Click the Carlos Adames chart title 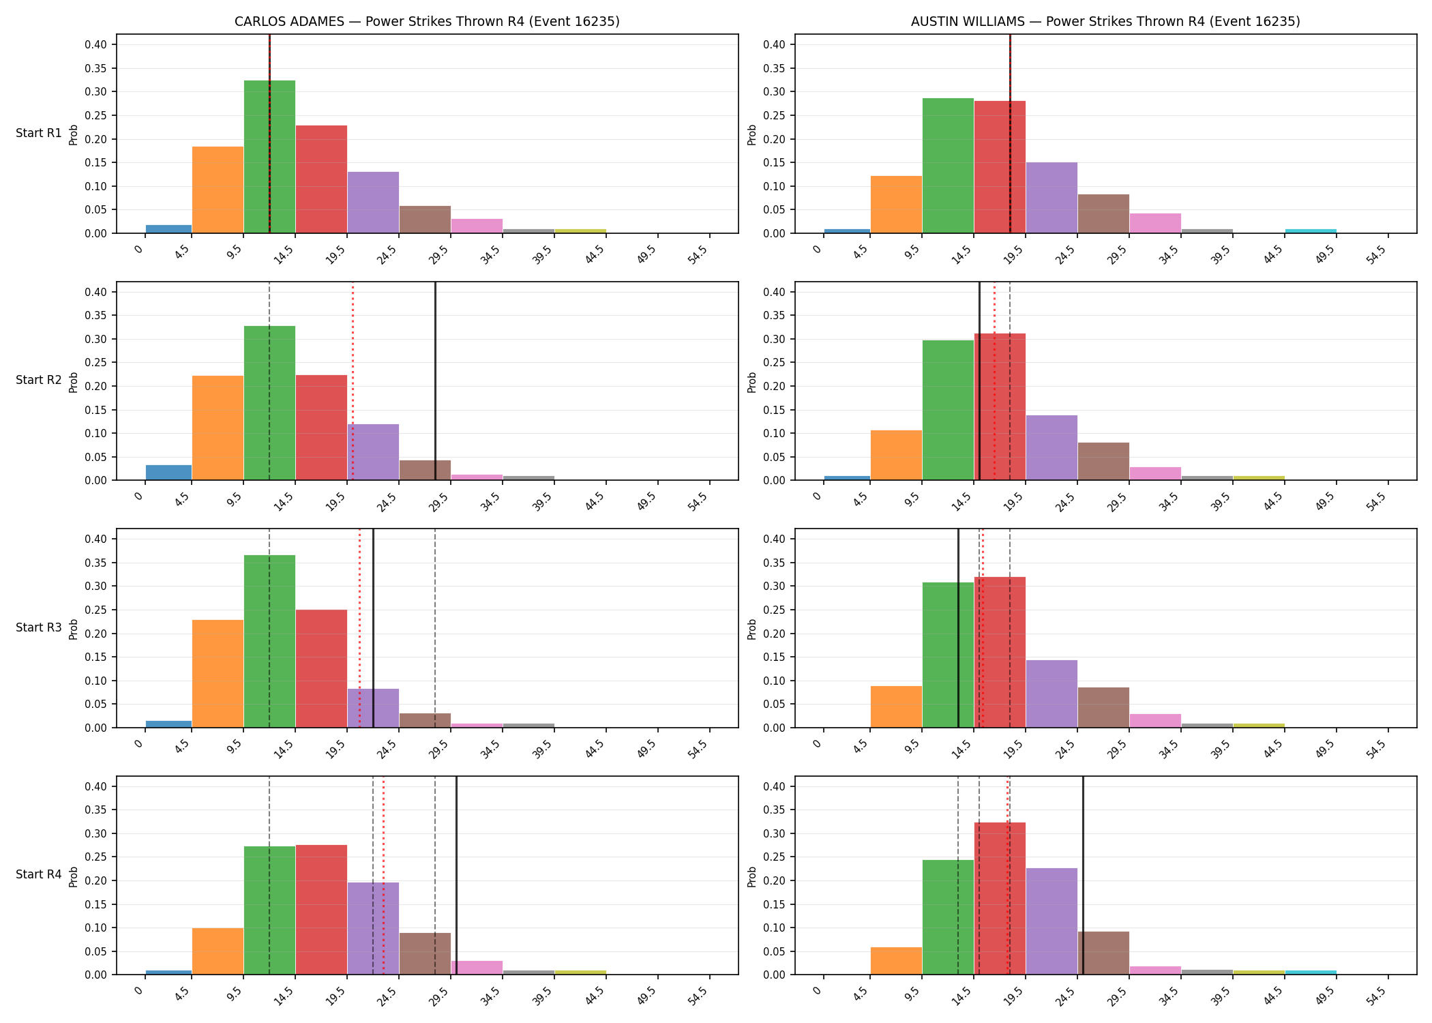(x=427, y=21)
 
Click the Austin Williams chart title (x=1105, y=21)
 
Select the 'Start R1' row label (x=39, y=133)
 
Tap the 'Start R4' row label (x=39, y=874)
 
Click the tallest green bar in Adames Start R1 (x=269, y=157)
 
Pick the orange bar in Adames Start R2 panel (x=218, y=428)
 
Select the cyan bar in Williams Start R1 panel (x=1311, y=231)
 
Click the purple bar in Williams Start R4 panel (x=1051, y=921)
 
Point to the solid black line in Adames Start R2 (x=435, y=381)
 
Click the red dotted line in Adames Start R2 (x=353, y=381)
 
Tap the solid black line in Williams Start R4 (x=1083, y=875)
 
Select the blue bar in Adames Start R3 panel (x=168, y=724)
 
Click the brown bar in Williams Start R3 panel (x=1103, y=707)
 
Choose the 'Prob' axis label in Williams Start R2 (x=752, y=382)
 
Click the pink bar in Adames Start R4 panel (x=477, y=968)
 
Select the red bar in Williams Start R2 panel (x=1000, y=406)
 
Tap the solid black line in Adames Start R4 (x=456, y=875)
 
